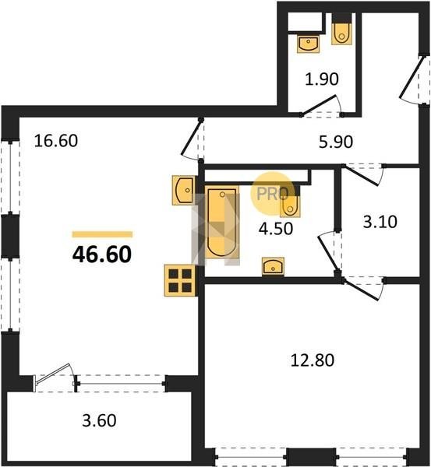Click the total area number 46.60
point(102,255)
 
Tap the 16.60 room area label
point(56,141)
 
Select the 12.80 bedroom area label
point(313,360)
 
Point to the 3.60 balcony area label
point(99,420)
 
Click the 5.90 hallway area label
point(336,142)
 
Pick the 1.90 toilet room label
point(322,79)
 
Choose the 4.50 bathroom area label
point(276,229)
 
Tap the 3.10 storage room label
point(380,222)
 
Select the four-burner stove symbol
point(180,280)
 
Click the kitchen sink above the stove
point(183,190)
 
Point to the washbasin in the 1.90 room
point(308,44)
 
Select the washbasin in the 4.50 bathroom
point(273,266)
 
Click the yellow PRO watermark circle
point(272,194)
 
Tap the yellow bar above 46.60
point(102,234)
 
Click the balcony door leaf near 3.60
point(53,374)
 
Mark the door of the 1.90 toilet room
point(319,105)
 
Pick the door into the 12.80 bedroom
point(362,289)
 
